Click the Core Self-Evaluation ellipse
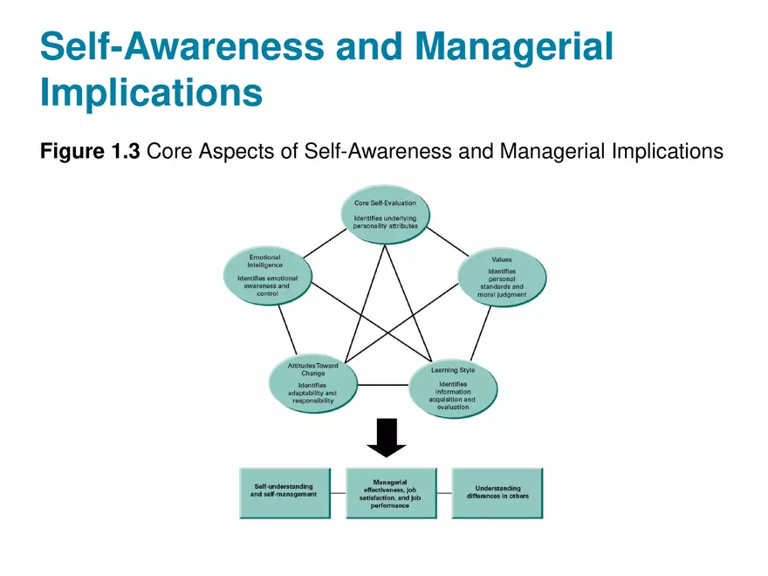[385, 214]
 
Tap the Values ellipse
[503, 278]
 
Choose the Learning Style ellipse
[453, 387]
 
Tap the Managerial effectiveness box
[391, 493]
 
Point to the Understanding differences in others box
[497, 493]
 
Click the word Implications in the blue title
[151, 92]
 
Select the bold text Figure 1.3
[90, 152]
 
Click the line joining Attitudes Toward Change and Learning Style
[384, 385]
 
